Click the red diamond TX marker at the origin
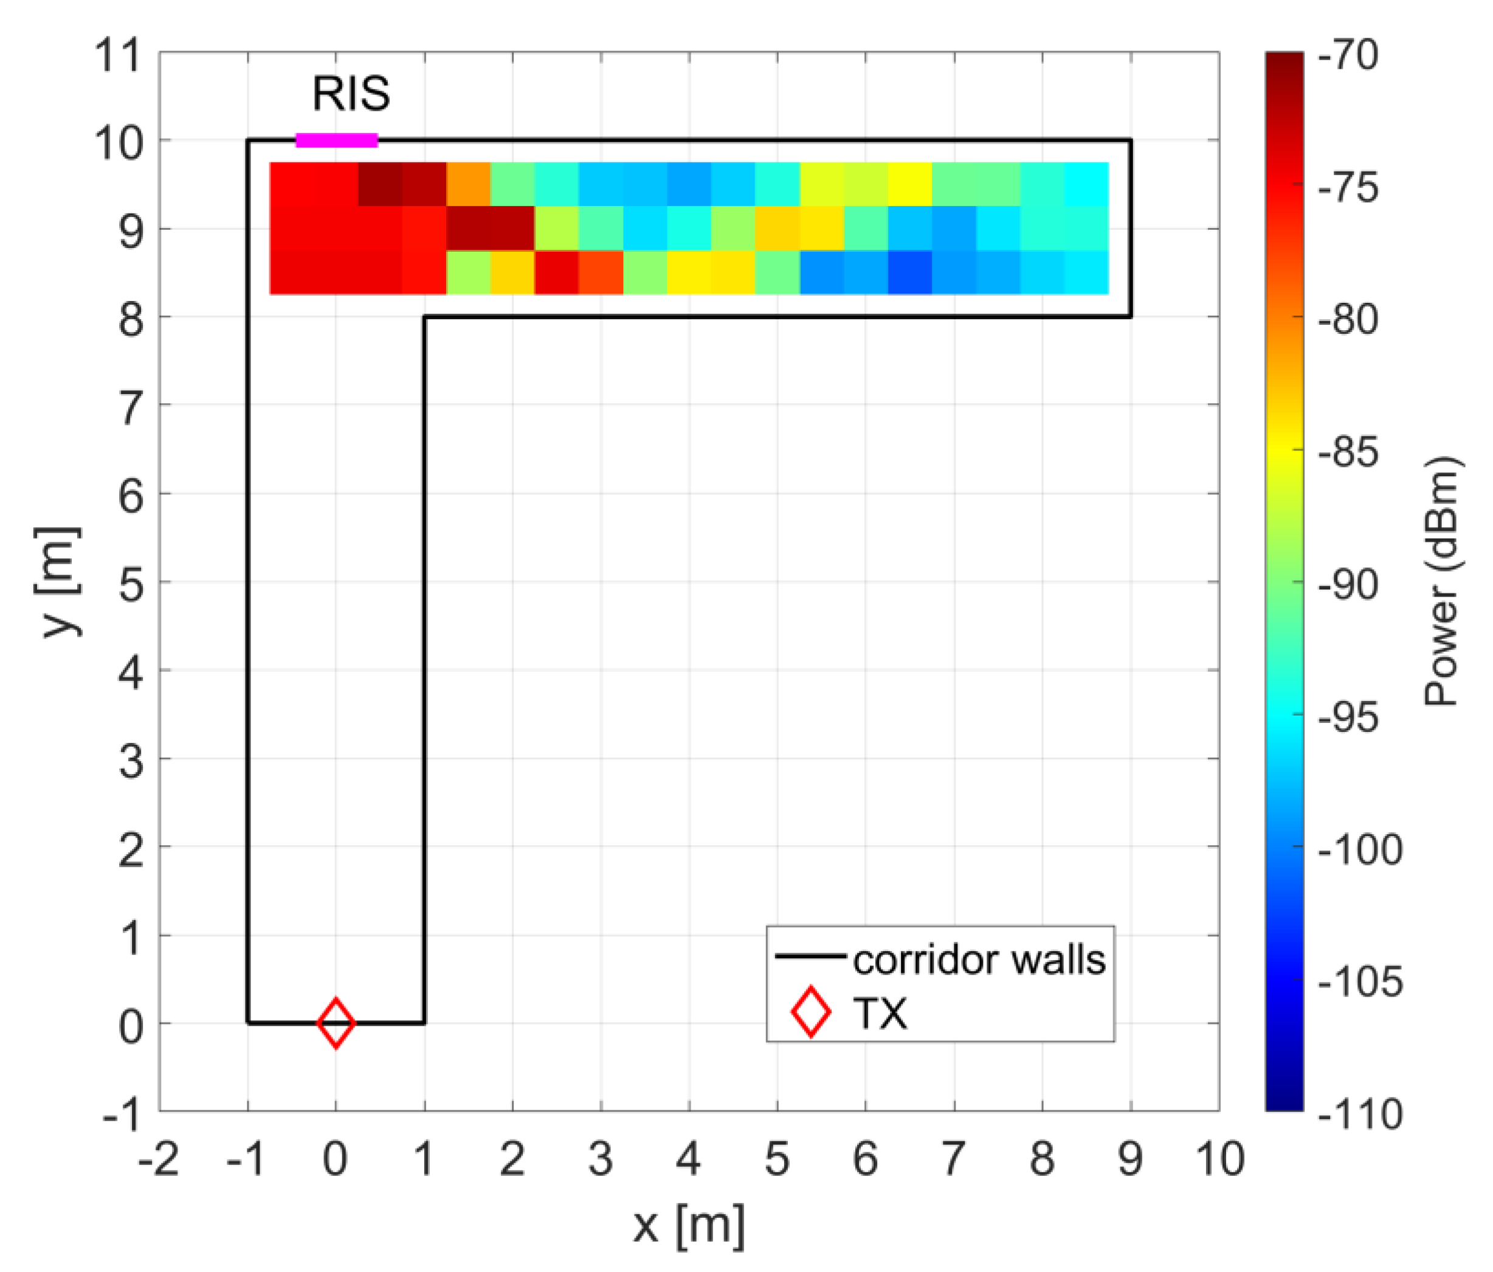click(x=336, y=1023)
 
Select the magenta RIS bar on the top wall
click(x=337, y=140)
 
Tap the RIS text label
click(x=351, y=94)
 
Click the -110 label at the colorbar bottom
click(x=1360, y=1114)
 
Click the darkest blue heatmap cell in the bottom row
click(x=909, y=272)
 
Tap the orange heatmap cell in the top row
click(x=468, y=184)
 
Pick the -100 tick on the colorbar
click(x=1360, y=849)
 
